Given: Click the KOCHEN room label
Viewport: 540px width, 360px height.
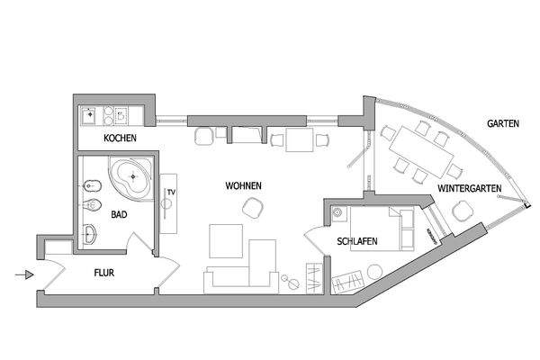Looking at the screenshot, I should [x=120, y=138].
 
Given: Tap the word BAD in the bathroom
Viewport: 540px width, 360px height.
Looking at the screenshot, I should [x=119, y=215].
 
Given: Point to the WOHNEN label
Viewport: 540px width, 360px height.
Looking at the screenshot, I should [x=243, y=185].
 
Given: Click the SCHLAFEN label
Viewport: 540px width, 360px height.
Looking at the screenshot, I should [x=357, y=241].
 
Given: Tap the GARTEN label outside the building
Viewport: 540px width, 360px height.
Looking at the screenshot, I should [x=502, y=123].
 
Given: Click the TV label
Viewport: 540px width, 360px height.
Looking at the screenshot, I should [x=170, y=193].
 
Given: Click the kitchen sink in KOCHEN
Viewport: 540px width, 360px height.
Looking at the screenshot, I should [x=90, y=115].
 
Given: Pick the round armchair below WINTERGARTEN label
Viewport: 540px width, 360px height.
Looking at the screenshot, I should [x=463, y=211].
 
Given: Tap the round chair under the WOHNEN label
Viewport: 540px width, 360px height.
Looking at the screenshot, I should [x=253, y=208].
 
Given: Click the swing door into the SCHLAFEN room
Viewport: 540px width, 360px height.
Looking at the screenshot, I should [x=316, y=240].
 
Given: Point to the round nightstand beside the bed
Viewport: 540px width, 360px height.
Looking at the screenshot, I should [x=338, y=213].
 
